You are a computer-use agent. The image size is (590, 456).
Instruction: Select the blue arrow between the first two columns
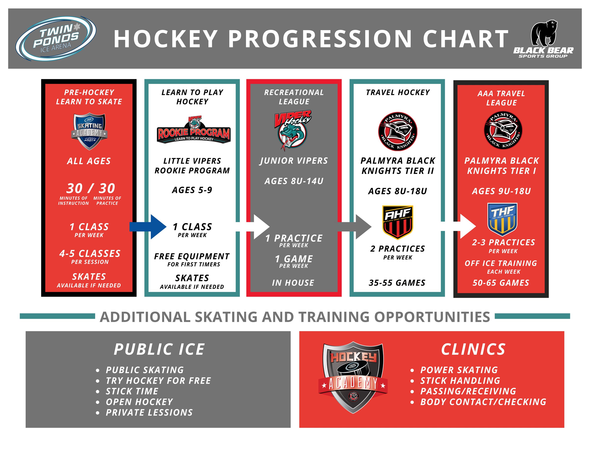pos(148,227)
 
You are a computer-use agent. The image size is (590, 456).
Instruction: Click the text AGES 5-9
pos(192,190)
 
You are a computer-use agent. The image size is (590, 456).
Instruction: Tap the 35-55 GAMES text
pos(397,283)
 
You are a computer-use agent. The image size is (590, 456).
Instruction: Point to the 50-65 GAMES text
pos(501,283)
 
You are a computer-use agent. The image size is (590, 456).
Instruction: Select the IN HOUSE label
pos(293,283)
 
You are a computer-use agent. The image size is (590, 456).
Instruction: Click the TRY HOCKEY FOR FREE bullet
pos(158,381)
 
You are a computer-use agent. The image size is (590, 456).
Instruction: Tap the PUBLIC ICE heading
pos(159,349)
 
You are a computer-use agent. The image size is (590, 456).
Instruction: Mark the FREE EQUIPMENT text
pos(192,256)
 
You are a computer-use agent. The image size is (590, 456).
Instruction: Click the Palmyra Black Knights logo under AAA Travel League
pos(503,130)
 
